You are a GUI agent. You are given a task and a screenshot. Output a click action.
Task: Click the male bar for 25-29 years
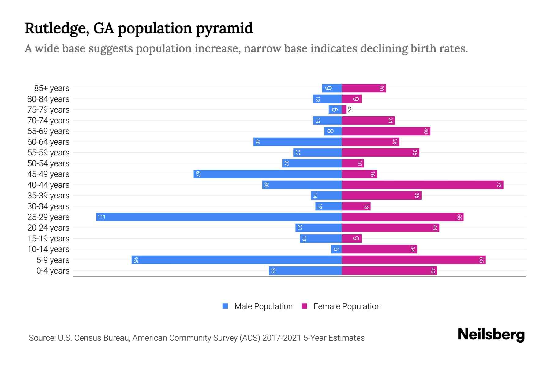219,217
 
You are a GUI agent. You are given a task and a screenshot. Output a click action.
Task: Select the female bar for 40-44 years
422,185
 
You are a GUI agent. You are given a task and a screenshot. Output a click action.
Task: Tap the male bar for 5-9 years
237,260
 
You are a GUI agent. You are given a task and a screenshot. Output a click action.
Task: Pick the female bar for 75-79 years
344,110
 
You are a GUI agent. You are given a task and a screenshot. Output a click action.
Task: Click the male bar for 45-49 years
268,174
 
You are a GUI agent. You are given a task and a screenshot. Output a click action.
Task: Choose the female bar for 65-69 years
386,131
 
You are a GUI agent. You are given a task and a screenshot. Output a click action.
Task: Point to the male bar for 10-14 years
336,249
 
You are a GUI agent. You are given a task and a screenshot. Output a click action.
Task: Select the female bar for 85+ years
364,88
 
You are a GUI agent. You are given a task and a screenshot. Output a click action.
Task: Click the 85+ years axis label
52,88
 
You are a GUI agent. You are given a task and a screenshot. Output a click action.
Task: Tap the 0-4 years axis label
53,271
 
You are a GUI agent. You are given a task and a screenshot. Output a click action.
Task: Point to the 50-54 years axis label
48,163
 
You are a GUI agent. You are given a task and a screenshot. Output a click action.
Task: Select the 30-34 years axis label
48,206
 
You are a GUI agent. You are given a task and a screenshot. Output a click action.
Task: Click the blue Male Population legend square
225,306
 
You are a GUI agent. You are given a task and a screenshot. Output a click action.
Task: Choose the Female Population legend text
347,306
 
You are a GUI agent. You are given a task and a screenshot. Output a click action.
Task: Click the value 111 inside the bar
101,217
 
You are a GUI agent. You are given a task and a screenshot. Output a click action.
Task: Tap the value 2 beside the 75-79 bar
350,110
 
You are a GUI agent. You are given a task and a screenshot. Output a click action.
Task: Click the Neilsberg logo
491,335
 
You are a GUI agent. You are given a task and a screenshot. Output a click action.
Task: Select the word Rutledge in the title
57,28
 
